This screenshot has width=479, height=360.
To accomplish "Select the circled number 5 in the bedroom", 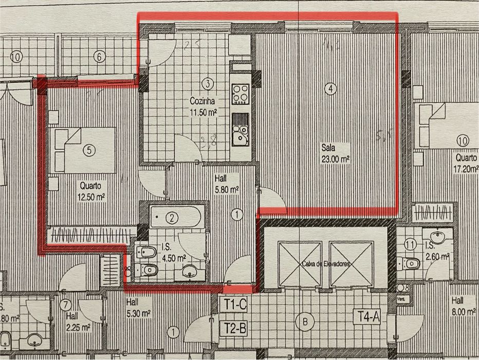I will tap(89, 151).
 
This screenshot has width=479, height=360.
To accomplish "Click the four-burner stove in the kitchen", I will tap(240, 94).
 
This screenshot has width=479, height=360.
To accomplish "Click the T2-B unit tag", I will tap(234, 327).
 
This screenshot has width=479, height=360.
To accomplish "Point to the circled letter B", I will tap(307, 322).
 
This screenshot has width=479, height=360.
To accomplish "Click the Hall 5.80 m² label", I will tap(226, 184).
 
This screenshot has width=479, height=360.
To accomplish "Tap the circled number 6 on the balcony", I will tap(99, 57).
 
